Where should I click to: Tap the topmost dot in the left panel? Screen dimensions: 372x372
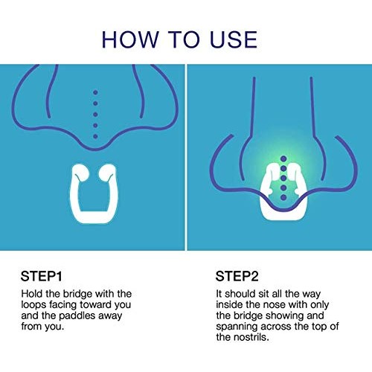click(x=94, y=92)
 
